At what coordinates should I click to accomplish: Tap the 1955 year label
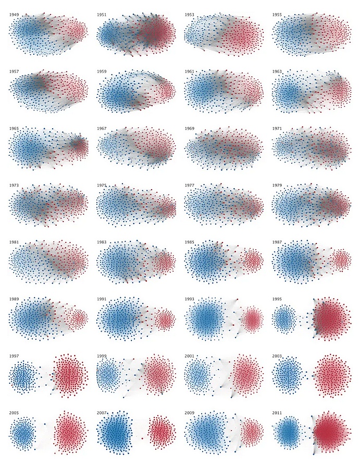[277, 15]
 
